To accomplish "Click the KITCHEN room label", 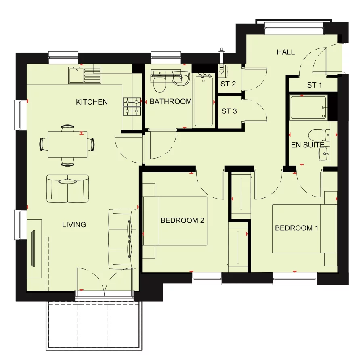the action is [x=92, y=102].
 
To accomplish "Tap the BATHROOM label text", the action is [x=171, y=101].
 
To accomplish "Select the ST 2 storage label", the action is [x=228, y=84].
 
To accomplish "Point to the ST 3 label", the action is [x=229, y=111].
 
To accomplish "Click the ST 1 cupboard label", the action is [x=315, y=85].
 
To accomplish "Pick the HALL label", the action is [x=286, y=52].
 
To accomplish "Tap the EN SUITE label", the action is [x=307, y=145].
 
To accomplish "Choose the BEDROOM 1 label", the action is [x=296, y=228].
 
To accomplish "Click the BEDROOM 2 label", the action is [x=183, y=220].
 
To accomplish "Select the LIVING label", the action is [x=74, y=225].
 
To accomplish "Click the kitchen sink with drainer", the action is [x=85, y=75].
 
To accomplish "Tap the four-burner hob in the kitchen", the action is [x=132, y=107].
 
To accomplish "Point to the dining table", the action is [x=67, y=144].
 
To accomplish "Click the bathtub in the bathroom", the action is [x=204, y=100].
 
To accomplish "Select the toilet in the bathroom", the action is [x=159, y=82].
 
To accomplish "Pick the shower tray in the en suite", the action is [x=308, y=108].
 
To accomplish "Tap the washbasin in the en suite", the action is [x=324, y=154].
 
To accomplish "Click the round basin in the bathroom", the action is [x=181, y=78].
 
